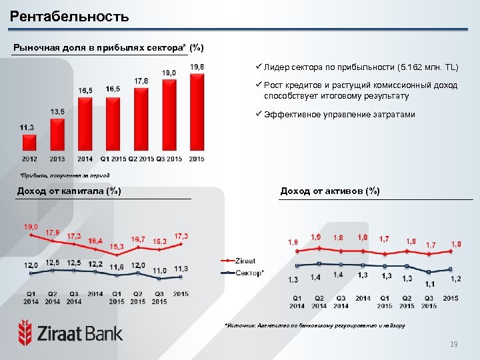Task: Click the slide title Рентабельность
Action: [x=70, y=17]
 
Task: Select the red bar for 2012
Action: [x=29, y=144]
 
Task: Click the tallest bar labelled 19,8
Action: [x=197, y=113]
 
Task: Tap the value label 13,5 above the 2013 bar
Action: [x=57, y=111]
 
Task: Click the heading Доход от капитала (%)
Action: [x=69, y=191]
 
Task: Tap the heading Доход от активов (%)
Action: [x=330, y=191]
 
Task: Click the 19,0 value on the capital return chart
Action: [x=31, y=227]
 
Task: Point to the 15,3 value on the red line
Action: [x=117, y=247]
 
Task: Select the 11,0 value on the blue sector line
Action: [x=159, y=271]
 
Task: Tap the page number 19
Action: [x=454, y=344]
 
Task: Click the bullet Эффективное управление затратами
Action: [x=339, y=115]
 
